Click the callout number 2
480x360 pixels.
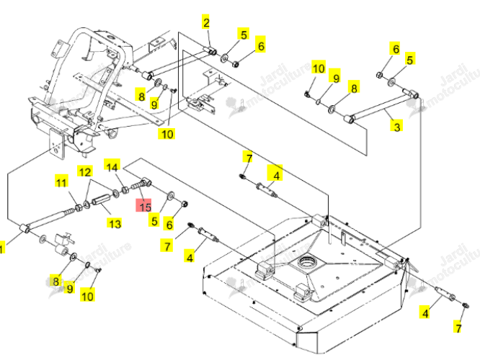pos(206,22)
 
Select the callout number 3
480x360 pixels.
pos(397,126)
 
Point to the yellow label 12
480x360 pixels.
pos(85,171)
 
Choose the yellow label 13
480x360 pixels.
pos(115,224)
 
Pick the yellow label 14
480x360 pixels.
pos(112,166)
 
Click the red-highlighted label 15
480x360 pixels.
pos(143,205)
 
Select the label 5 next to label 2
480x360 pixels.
pos(244,35)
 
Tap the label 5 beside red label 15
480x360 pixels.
pos(154,220)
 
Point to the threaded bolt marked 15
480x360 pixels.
pos(141,184)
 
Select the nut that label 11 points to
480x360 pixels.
pos(79,207)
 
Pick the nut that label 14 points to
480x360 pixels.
pos(125,189)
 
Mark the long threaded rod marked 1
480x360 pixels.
pos(50,219)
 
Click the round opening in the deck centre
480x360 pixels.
pos(307,261)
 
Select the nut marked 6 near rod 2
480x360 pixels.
pos(236,64)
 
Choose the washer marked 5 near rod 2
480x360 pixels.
pos(224,58)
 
